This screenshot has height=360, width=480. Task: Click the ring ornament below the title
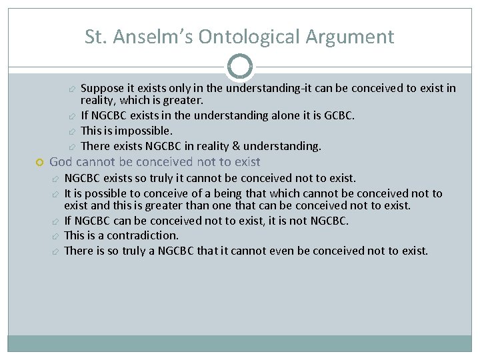pyautogui.click(x=240, y=67)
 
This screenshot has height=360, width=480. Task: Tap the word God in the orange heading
pyautogui.click(x=61, y=162)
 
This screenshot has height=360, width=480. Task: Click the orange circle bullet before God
pyautogui.click(x=39, y=163)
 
